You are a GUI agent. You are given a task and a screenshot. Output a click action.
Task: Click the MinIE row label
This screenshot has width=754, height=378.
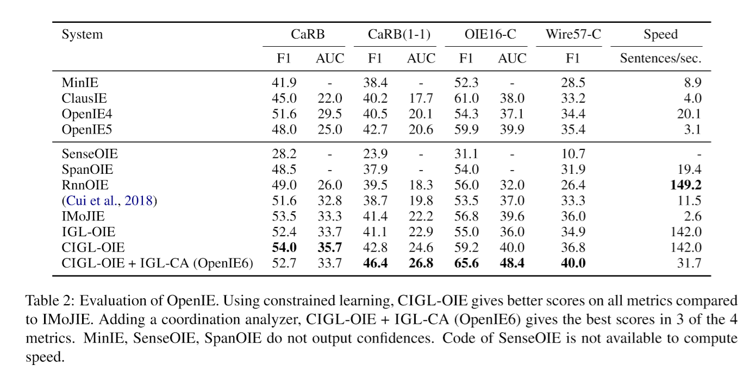pyautogui.click(x=80, y=83)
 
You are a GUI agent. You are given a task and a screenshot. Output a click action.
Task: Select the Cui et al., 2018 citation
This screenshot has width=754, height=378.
pyautogui.click(x=109, y=201)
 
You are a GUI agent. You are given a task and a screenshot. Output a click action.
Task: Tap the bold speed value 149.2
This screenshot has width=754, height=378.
pyautogui.click(x=686, y=185)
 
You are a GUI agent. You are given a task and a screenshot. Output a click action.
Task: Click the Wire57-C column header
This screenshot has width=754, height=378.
pyautogui.click(x=573, y=34)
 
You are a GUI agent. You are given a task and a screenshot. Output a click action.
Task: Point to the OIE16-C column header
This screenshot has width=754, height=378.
pyautogui.click(x=490, y=34)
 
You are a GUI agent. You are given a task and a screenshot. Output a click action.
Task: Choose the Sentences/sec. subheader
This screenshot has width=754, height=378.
pyautogui.click(x=660, y=59)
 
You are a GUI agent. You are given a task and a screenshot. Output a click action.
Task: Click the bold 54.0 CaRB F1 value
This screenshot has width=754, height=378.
pyautogui.click(x=284, y=248)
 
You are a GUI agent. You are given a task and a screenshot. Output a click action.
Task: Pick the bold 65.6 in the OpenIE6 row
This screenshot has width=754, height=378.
pyautogui.click(x=466, y=263)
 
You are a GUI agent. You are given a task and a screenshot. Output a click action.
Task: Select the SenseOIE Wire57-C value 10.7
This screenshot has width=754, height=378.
pyautogui.click(x=573, y=154)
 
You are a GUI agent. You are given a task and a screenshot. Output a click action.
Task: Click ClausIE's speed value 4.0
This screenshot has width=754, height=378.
pyautogui.click(x=693, y=98)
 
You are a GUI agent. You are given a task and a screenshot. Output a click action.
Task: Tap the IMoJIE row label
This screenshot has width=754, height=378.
pyautogui.click(x=83, y=216)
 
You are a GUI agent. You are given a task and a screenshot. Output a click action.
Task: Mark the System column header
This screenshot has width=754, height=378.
pyautogui.click(x=82, y=35)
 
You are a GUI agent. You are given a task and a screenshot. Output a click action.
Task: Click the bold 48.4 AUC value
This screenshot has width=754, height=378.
pyautogui.click(x=512, y=263)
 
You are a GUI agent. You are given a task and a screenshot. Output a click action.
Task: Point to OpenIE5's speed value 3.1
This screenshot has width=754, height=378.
pyautogui.click(x=693, y=129)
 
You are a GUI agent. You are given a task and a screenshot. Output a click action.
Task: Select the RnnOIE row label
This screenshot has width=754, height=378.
pyautogui.click(x=85, y=185)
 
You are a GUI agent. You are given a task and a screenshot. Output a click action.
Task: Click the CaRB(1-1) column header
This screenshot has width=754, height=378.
pyautogui.click(x=399, y=34)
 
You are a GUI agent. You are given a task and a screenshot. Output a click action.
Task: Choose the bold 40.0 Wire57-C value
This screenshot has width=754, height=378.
pyautogui.click(x=573, y=263)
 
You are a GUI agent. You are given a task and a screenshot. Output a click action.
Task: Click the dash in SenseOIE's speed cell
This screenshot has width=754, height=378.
pyautogui.click(x=699, y=155)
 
